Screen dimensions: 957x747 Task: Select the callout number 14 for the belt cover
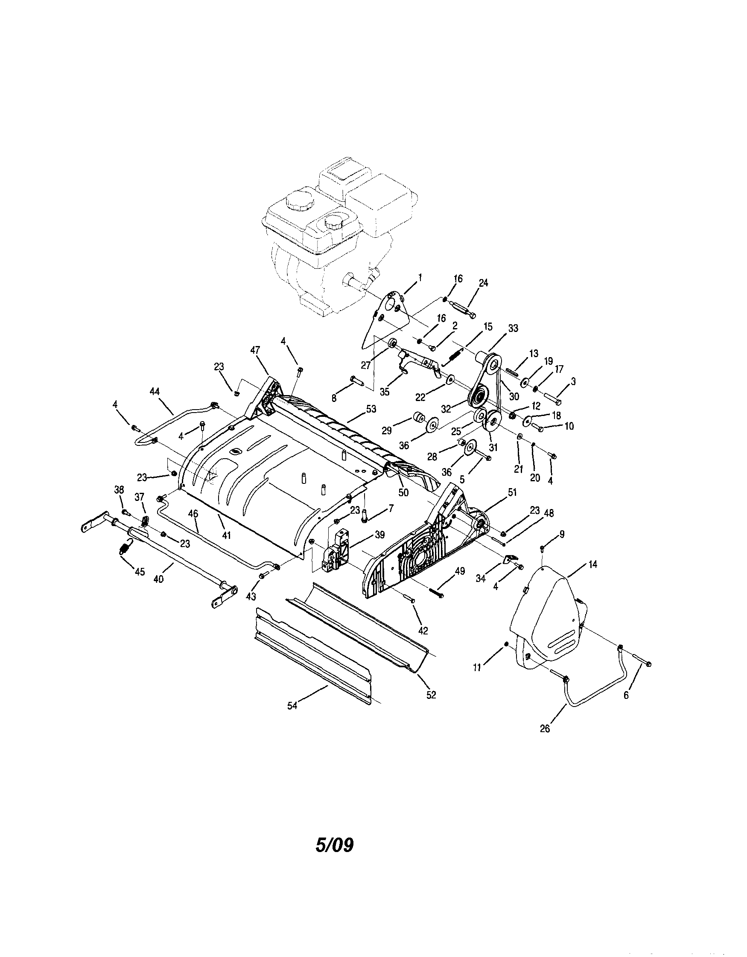(592, 565)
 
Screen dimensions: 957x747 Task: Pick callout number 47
(255, 350)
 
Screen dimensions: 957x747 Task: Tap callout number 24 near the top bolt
(483, 283)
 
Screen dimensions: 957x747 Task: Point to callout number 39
(379, 535)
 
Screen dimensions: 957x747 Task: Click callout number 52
(432, 695)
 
